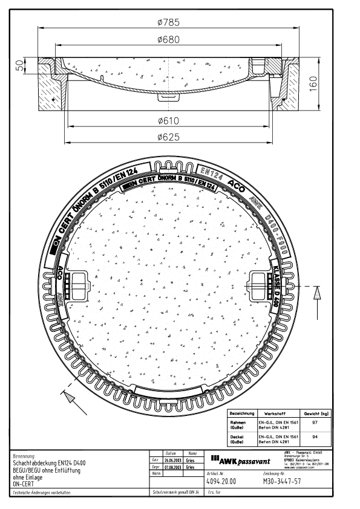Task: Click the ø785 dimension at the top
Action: click(x=176, y=22)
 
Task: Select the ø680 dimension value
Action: click(x=176, y=39)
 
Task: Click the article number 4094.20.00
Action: click(x=221, y=482)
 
